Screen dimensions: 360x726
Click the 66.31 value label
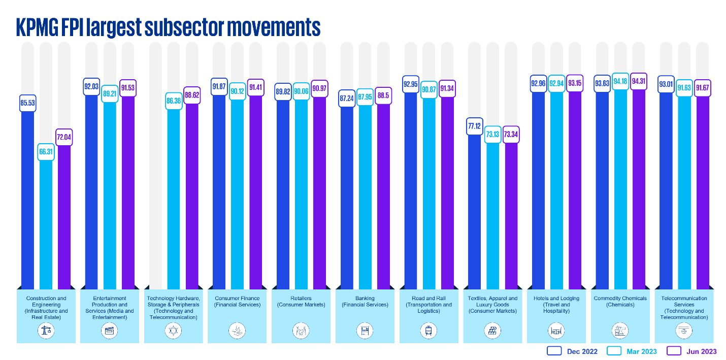(46, 152)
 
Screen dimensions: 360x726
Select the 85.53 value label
(28, 103)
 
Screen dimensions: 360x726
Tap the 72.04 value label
(64, 138)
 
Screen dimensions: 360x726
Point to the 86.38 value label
(174, 102)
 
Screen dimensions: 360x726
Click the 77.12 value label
(474, 126)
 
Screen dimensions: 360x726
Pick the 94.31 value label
(639, 81)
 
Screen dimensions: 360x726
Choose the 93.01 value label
(666, 84)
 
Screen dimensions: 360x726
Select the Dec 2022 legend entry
(572, 351)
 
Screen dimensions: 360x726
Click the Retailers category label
(302, 301)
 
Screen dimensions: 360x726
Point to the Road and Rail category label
(428, 305)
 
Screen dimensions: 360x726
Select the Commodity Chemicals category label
(620, 301)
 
